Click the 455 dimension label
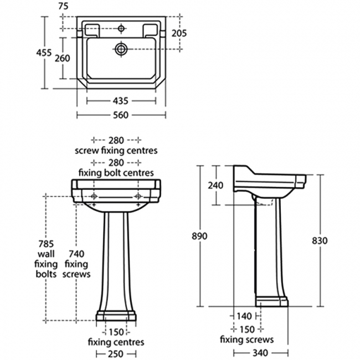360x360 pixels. coord(44,53)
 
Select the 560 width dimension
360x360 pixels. coord(121,115)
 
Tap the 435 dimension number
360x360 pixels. coord(121,101)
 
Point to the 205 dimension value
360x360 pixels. coord(179,34)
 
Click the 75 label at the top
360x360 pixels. coord(63,6)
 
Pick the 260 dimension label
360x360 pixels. coord(62,58)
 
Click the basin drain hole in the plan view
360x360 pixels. coord(121,49)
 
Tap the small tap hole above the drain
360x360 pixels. coord(121,28)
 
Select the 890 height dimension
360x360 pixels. coord(199,236)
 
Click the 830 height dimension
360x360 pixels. coord(320,240)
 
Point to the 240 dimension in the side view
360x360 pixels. coord(215,186)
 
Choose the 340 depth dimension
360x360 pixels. coord(261,353)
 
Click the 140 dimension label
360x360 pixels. coord(244,316)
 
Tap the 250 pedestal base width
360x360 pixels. coord(116,353)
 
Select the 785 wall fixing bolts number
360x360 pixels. coord(46,244)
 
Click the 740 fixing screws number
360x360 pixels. coord(76,254)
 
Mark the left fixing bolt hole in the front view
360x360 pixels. coord(94,197)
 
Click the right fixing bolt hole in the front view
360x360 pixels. coord(138,197)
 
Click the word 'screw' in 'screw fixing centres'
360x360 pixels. coord(87,151)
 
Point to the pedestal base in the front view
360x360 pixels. coord(116,316)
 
